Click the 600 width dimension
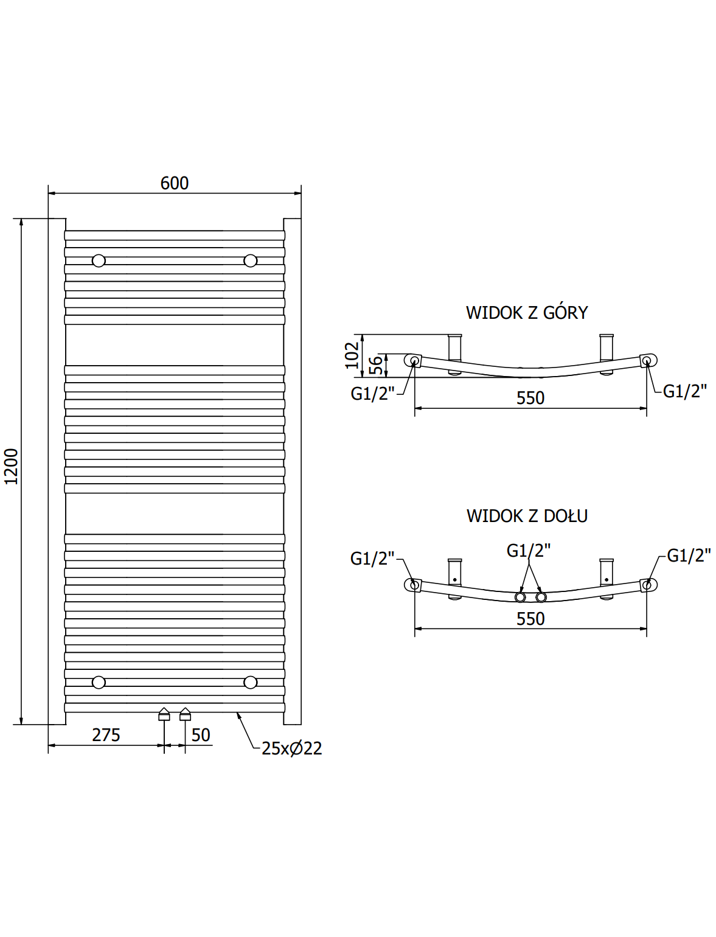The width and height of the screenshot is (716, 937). (174, 183)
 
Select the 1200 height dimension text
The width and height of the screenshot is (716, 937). (11, 467)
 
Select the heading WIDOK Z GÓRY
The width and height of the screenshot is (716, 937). (527, 313)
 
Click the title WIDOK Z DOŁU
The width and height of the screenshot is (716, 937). (527, 516)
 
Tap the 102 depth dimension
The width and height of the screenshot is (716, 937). (352, 355)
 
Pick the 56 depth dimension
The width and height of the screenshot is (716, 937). (376, 366)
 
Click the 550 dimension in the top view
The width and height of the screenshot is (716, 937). (530, 398)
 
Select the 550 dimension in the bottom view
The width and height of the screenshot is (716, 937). (530, 619)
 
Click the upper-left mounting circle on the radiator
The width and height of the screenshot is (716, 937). (99, 260)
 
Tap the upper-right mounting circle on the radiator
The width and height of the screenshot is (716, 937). (251, 260)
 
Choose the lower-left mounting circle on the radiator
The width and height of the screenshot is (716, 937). (99, 682)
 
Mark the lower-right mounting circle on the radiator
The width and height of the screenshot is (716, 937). (251, 682)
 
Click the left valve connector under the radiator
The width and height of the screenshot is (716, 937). (164, 714)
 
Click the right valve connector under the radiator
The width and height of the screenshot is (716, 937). (185, 714)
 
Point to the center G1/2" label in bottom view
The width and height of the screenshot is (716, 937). (528, 551)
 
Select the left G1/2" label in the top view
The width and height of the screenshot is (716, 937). (372, 393)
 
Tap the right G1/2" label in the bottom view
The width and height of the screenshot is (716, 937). (689, 556)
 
